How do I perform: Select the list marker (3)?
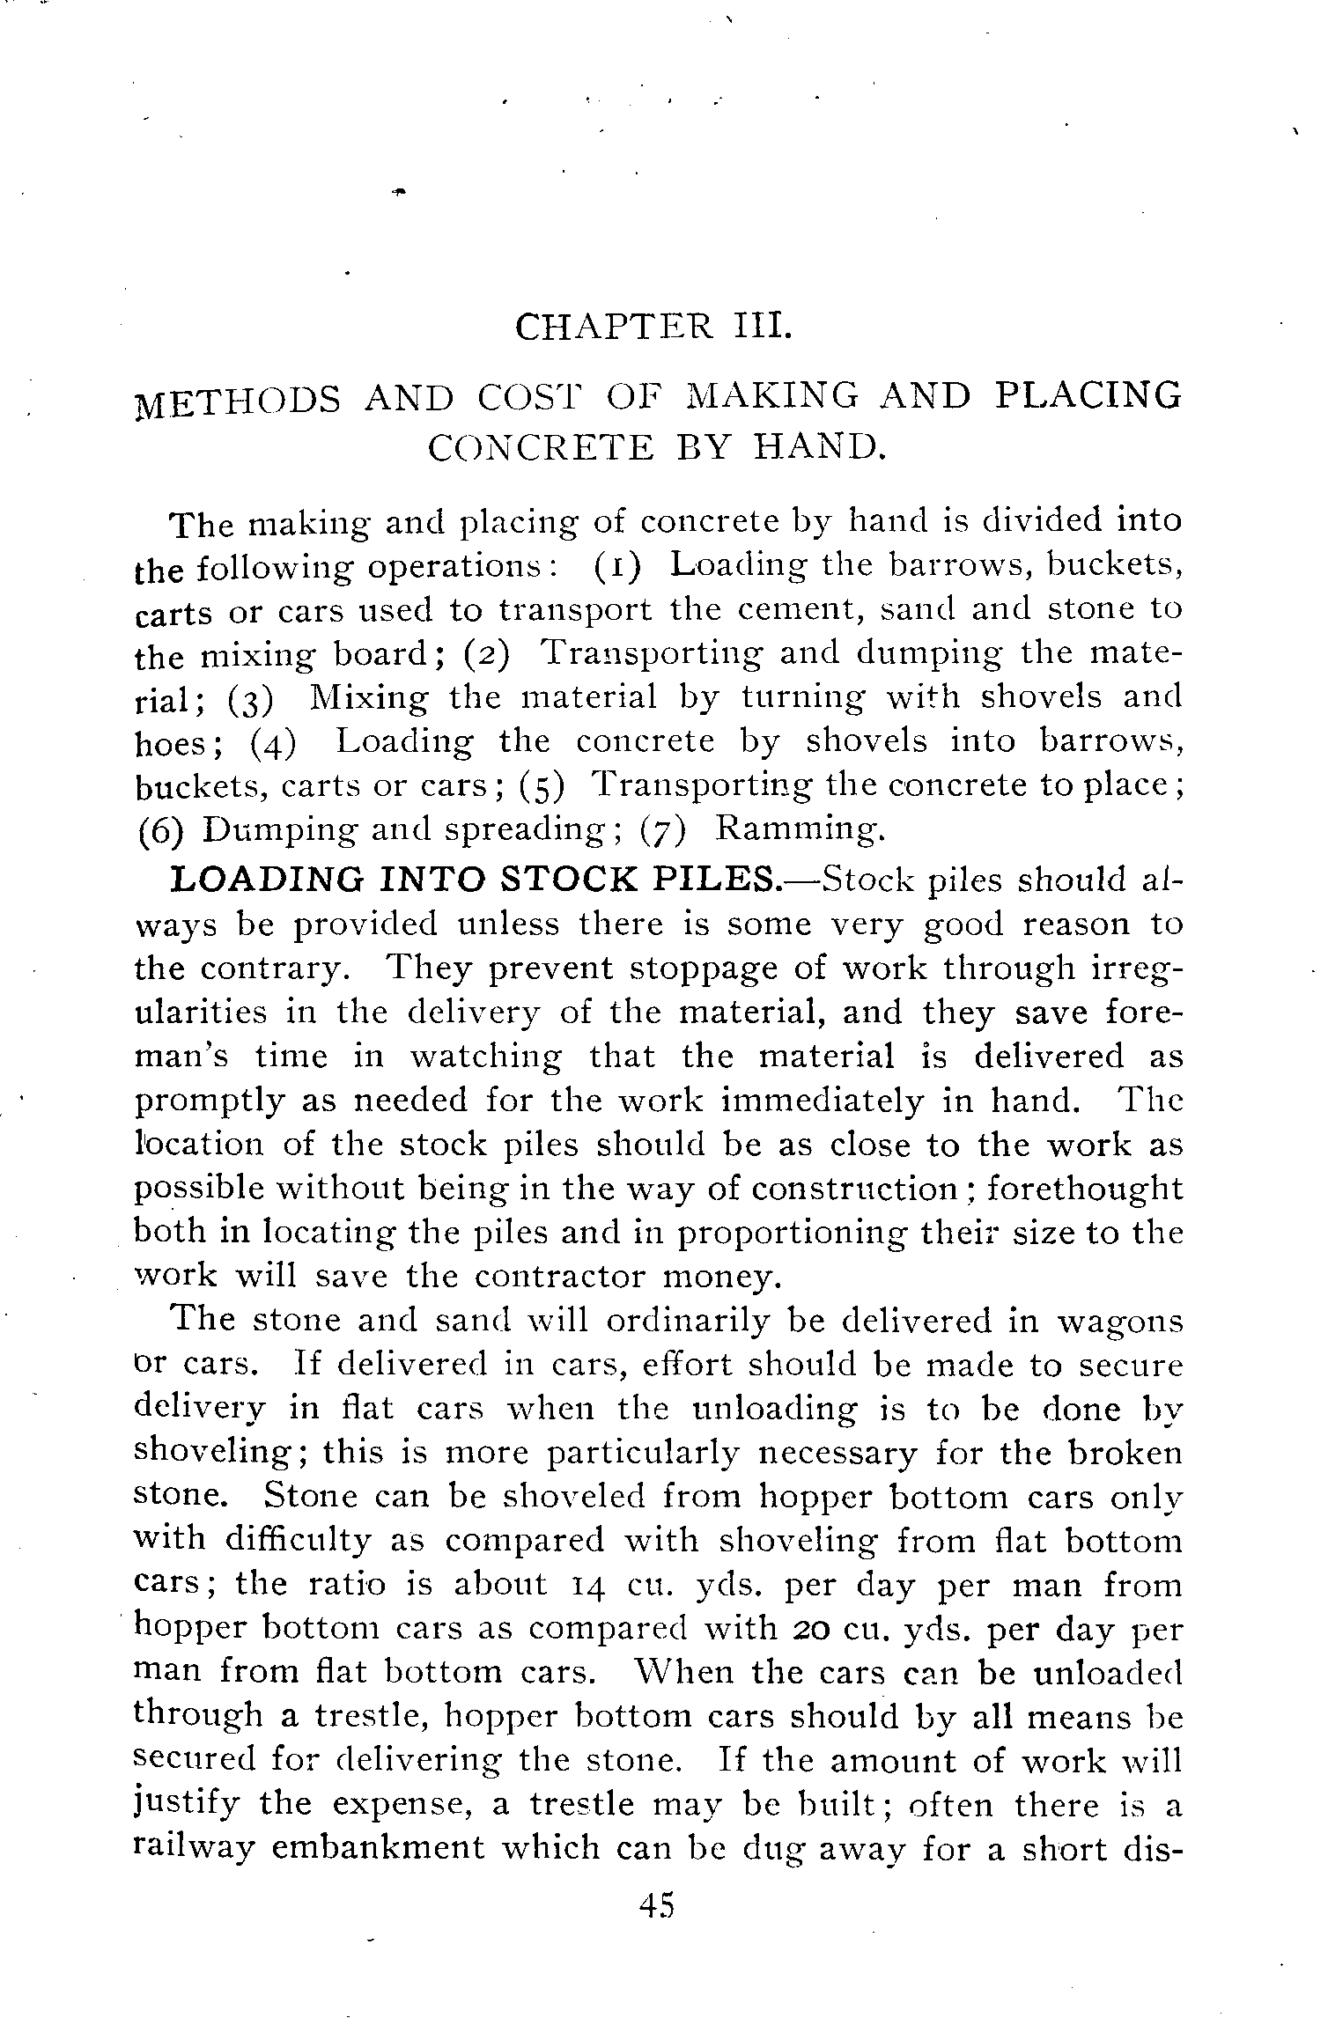tap(250, 699)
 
